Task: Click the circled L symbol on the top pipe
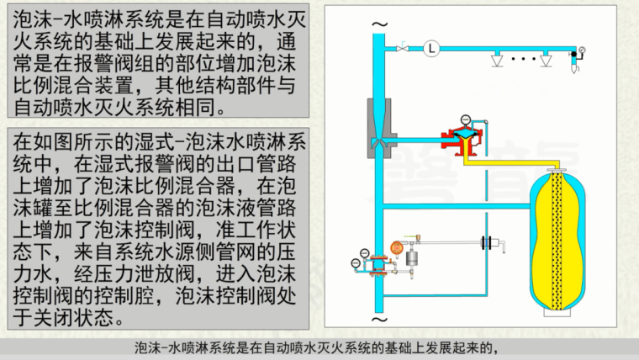click(x=430, y=48)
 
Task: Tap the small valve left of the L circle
click(x=404, y=48)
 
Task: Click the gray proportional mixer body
click(x=378, y=126)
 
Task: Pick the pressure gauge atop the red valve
click(x=467, y=120)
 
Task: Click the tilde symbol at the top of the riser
click(x=378, y=23)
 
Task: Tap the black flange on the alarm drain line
click(x=485, y=243)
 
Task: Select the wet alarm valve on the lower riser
click(x=377, y=262)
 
